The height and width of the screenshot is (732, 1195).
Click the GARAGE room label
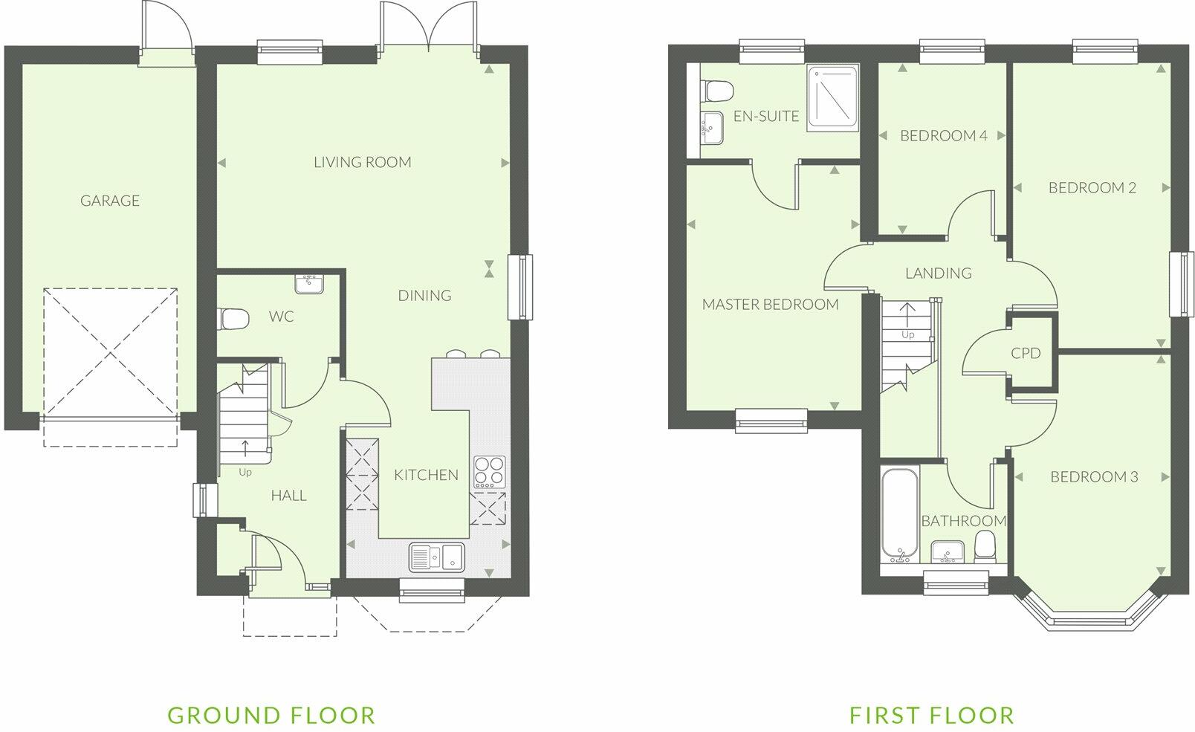tap(110, 201)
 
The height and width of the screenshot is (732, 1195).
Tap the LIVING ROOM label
tap(362, 162)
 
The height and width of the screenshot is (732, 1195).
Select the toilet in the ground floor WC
tap(233, 319)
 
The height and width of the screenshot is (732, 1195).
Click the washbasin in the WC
tap(308, 283)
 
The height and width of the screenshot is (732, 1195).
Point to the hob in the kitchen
tap(489, 471)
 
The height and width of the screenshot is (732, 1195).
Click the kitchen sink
tap(436, 556)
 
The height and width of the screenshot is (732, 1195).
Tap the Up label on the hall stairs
tap(245, 472)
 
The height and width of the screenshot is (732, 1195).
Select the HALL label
tap(288, 496)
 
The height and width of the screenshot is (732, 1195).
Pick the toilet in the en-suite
tap(718, 91)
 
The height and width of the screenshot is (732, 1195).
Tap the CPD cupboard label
tap(1026, 354)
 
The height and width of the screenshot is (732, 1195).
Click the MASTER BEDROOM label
tap(770, 304)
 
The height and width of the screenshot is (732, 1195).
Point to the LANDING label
tap(938, 273)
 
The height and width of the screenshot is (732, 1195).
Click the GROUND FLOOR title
tap(271, 715)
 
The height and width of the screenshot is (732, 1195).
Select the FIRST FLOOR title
tap(932, 715)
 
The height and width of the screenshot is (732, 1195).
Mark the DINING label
tap(424, 296)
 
